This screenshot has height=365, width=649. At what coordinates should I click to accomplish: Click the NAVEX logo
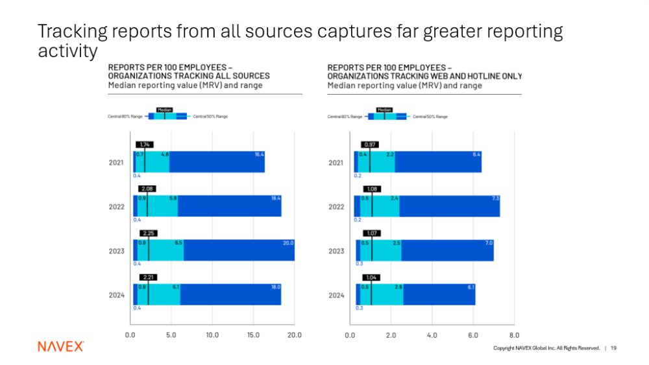click(60, 346)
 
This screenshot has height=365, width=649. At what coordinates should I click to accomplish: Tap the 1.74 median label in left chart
click(145, 145)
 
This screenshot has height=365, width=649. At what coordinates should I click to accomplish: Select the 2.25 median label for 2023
click(148, 233)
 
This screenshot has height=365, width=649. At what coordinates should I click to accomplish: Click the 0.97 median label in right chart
click(369, 145)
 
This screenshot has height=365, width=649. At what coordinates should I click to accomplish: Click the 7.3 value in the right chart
click(496, 198)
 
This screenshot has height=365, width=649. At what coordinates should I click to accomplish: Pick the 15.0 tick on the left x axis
click(253, 335)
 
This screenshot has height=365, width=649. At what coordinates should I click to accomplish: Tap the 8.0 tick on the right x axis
click(514, 335)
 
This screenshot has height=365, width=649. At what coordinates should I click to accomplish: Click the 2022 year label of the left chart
click(117, 207)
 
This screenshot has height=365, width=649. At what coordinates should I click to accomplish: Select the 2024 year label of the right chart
click(336, 295)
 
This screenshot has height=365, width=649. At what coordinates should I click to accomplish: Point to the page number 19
click(613, 348)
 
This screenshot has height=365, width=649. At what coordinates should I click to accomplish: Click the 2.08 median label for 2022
click(147, 189)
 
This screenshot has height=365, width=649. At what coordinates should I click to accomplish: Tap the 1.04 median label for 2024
click(371, 277)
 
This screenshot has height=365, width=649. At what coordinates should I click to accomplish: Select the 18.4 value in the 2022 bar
click(276, 198)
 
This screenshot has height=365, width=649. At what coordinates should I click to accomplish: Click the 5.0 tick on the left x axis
click(171, 335)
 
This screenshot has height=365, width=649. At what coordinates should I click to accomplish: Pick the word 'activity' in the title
click(67, 51)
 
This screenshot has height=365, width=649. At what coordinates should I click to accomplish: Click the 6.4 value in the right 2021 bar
click(476, 154)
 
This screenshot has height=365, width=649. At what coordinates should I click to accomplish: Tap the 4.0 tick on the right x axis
click(432, 335)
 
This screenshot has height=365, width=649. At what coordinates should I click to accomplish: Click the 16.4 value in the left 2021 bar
click(260, 154)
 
